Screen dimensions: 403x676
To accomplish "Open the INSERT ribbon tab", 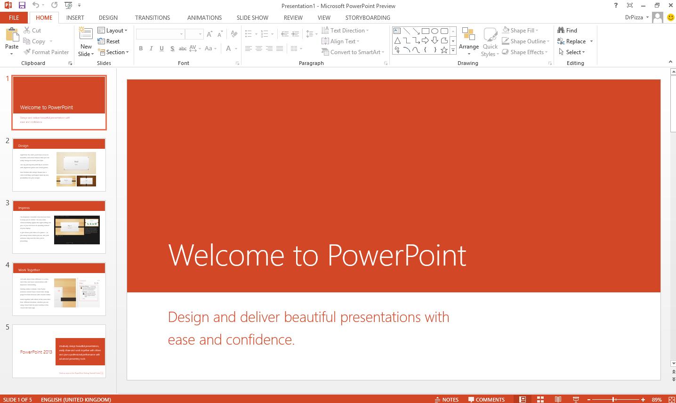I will pyautogui.click(x=75, y=17).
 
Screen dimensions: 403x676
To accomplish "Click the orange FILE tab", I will pyautogui.click(x=14, y=17).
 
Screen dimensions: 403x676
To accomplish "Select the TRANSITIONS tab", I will pyautogui.click(x=153, y=17).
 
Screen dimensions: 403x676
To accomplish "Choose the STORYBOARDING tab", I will pyautogui.click(x=368, y=17).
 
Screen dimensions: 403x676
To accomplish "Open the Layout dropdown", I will pyautogui.click(x=113, y=30).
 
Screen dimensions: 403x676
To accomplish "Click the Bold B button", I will pyautogui.click(x=141, y=48).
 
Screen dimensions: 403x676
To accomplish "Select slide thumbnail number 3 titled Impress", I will pyautogui.click(x=59, y=227).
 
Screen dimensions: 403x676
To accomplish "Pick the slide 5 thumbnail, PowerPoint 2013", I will pyautogui.click(x=59, y=351).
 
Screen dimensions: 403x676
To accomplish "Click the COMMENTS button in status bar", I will pyautogui.click(x=486, y=400).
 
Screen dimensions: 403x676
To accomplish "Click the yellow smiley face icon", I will pyautogui.click(x=671, y=17).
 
